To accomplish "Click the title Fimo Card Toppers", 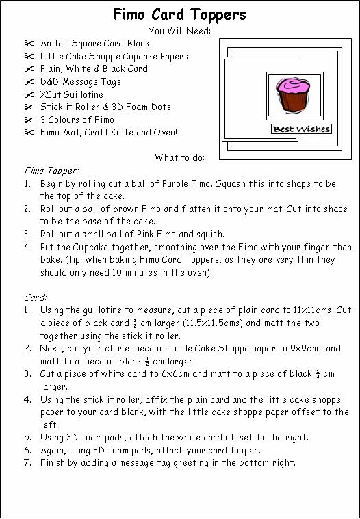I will (180, 14).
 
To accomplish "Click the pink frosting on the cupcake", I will (290, 87).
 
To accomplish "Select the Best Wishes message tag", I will (300, 129).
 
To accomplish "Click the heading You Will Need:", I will (180, 31).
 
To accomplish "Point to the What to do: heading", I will (180, 157).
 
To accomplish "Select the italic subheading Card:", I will (35, 297).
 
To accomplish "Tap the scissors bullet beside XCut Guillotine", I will (28, 94).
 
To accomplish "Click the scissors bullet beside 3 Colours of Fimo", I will (28, 120).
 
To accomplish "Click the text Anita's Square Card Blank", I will (94, 44).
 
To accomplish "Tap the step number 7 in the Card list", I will (28, 462).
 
